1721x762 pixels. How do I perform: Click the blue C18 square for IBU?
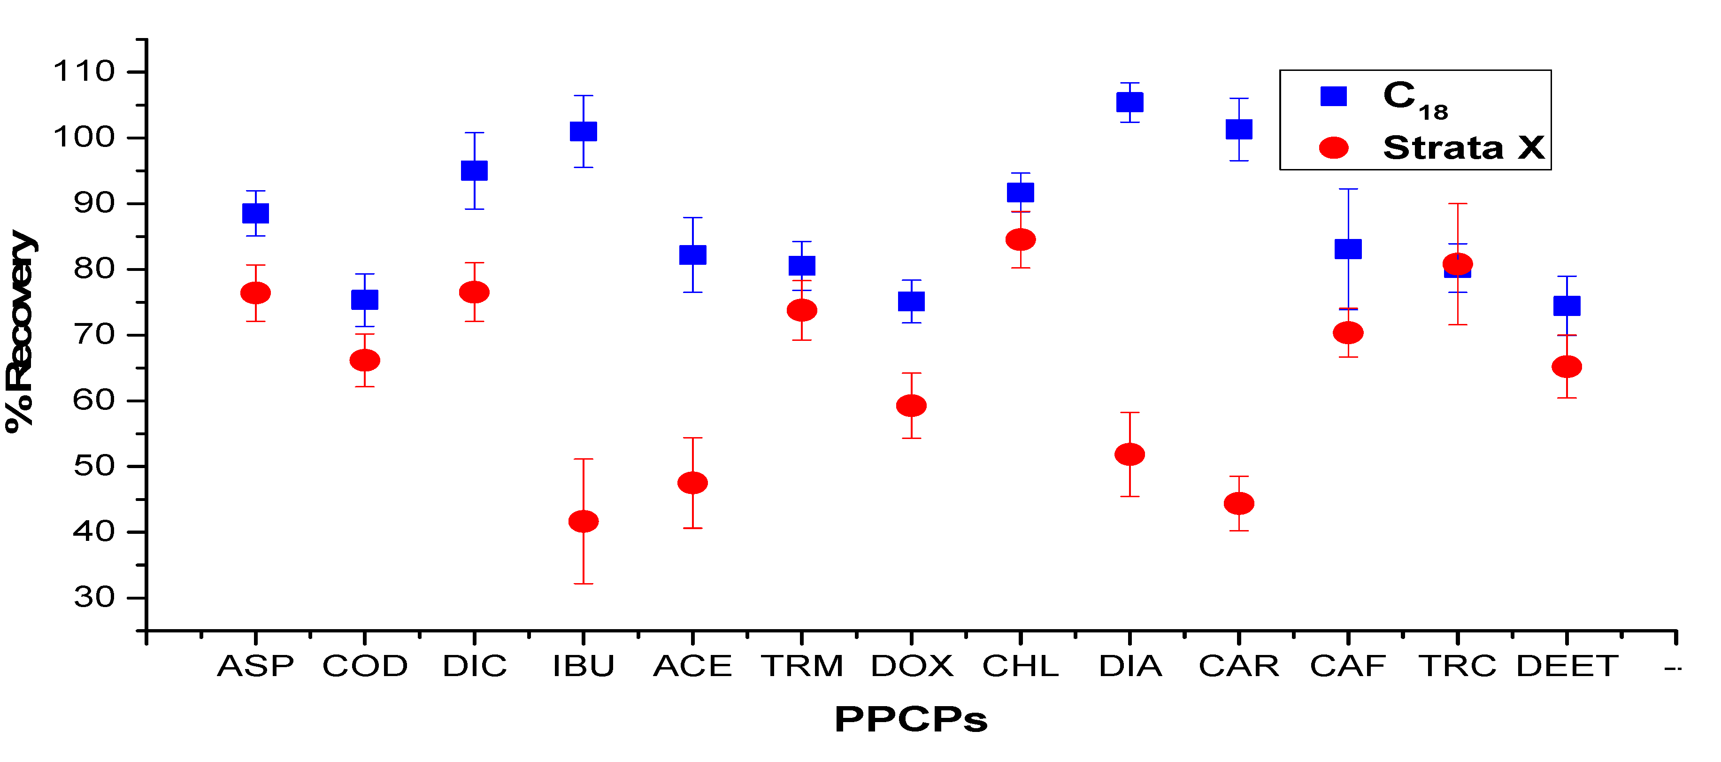coord(583,131)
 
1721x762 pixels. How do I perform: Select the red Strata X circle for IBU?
coord(583,521)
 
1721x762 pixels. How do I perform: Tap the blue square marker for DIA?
coord(1130,102)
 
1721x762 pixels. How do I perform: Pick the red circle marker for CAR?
coord(1238,503)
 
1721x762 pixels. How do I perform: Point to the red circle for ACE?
coord(693,483)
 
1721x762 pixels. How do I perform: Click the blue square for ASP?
coord(255,213)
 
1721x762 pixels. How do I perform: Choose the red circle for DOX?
coord(911,405)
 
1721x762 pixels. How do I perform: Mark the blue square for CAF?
coord(1348,249)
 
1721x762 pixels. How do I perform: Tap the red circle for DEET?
coord(1567,366)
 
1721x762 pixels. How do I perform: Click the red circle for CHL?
coord(1020,239)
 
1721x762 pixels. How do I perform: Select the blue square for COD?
coord(365,300)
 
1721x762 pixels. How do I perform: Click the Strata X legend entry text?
coord(1463,148)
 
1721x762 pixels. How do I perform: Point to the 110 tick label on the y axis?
coord(84,71)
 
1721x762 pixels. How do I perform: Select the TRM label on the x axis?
coord(802,666)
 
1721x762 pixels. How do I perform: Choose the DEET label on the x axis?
coord(1567,666)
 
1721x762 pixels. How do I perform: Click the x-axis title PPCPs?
coord(911,720)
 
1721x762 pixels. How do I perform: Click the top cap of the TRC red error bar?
coord(1457,203)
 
